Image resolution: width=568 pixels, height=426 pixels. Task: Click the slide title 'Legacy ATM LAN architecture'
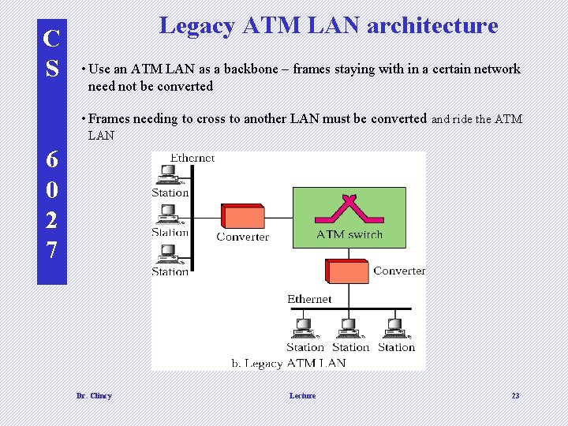[328, 26]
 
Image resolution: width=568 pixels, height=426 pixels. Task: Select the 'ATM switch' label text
[349, 234]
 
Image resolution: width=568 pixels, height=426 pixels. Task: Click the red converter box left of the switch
[242, 216]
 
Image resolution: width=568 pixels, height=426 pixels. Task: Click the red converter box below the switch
[347, 271]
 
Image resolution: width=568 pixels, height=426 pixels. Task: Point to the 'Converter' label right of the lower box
[398, 271]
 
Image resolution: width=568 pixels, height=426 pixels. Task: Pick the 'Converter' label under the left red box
[242, 237]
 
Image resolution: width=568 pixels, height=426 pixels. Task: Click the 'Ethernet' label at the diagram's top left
[192, 158]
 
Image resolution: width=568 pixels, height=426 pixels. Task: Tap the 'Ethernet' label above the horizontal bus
[309, 299]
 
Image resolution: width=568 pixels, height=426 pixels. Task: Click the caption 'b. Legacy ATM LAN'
[288, 363]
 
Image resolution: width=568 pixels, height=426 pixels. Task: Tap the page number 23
[515, 395]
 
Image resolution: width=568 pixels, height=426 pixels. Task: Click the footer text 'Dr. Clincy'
[94, 395]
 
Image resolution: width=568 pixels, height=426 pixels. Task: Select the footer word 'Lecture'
[302, 395]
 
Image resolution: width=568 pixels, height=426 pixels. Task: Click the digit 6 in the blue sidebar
[51, 159]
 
